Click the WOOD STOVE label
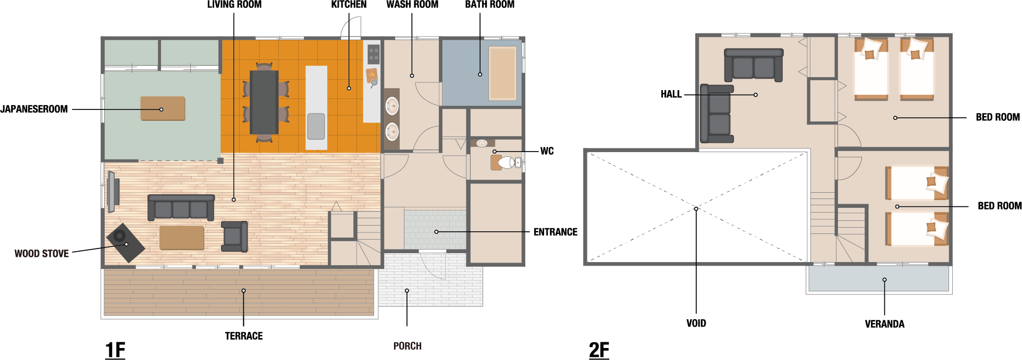pyautogui.click(x=42, y=254)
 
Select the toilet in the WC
pyautogui.click(x=506, y=163)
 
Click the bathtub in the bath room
pyautogui.click(x=502, y=73)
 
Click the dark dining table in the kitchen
pyautogui.click(x=264, y=102)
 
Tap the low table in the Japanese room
pyautogui.click(x=163, y=108)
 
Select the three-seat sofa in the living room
pyautogui.click(x=181, y=207)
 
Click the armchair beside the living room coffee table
pyautogui.click(x=235, y=236)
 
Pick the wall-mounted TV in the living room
pyautogui.click(x=112, y=192)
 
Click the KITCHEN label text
pyautogui.click(x=349, y=5)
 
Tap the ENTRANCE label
pyautogui.click(x=556, y=232)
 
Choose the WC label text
pyautogui.click(x=547, y=151)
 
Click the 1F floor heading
pyautogui.click(x=115, y=350)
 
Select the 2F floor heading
pyautogui.click(x=599, y=350)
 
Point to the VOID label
pyautogui.click(x=696, y=323)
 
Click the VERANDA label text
pyautogui.click(x=884, y=324)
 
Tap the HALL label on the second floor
pyautogui.click(x=671, y=94)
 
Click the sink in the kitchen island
pyautogui.click(x=316, y=126)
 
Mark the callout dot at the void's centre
pyautogui.click(x=696, y=209)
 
